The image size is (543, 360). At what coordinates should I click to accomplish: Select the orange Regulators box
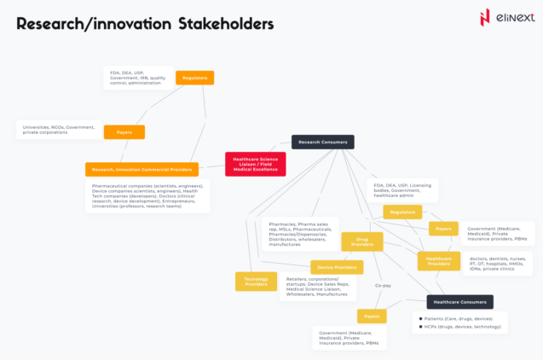[x=195, y=78]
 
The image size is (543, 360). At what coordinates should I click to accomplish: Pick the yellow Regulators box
[x=402, y=212]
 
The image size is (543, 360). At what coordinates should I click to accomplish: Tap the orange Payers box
[x=124, y=132]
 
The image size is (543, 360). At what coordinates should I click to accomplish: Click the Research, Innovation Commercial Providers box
[x=142, y=169]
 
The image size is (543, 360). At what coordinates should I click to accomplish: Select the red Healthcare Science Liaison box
[x=256, y=163]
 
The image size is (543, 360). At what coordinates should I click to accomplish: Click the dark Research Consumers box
[x=322, y=142]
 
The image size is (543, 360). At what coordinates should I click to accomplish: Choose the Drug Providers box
[x=361, y=241]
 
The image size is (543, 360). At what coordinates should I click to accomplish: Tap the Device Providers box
[x=332, y=268]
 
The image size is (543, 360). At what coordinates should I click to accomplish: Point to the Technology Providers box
[x=256, y=281]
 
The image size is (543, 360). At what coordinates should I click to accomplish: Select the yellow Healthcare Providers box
[x=439, y=261]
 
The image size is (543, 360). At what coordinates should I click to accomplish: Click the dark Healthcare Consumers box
[x=459, y=301]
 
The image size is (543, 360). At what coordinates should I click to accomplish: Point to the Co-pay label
[x=383, y=286]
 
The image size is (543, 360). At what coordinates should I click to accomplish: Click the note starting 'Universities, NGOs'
[x=57, y=130]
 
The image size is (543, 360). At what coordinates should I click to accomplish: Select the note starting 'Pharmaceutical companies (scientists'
[x=148, y=196]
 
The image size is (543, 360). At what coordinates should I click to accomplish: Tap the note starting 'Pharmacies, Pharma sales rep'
[x=301, y=234]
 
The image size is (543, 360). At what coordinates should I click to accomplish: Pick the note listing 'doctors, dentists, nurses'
[x=498, y=264]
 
